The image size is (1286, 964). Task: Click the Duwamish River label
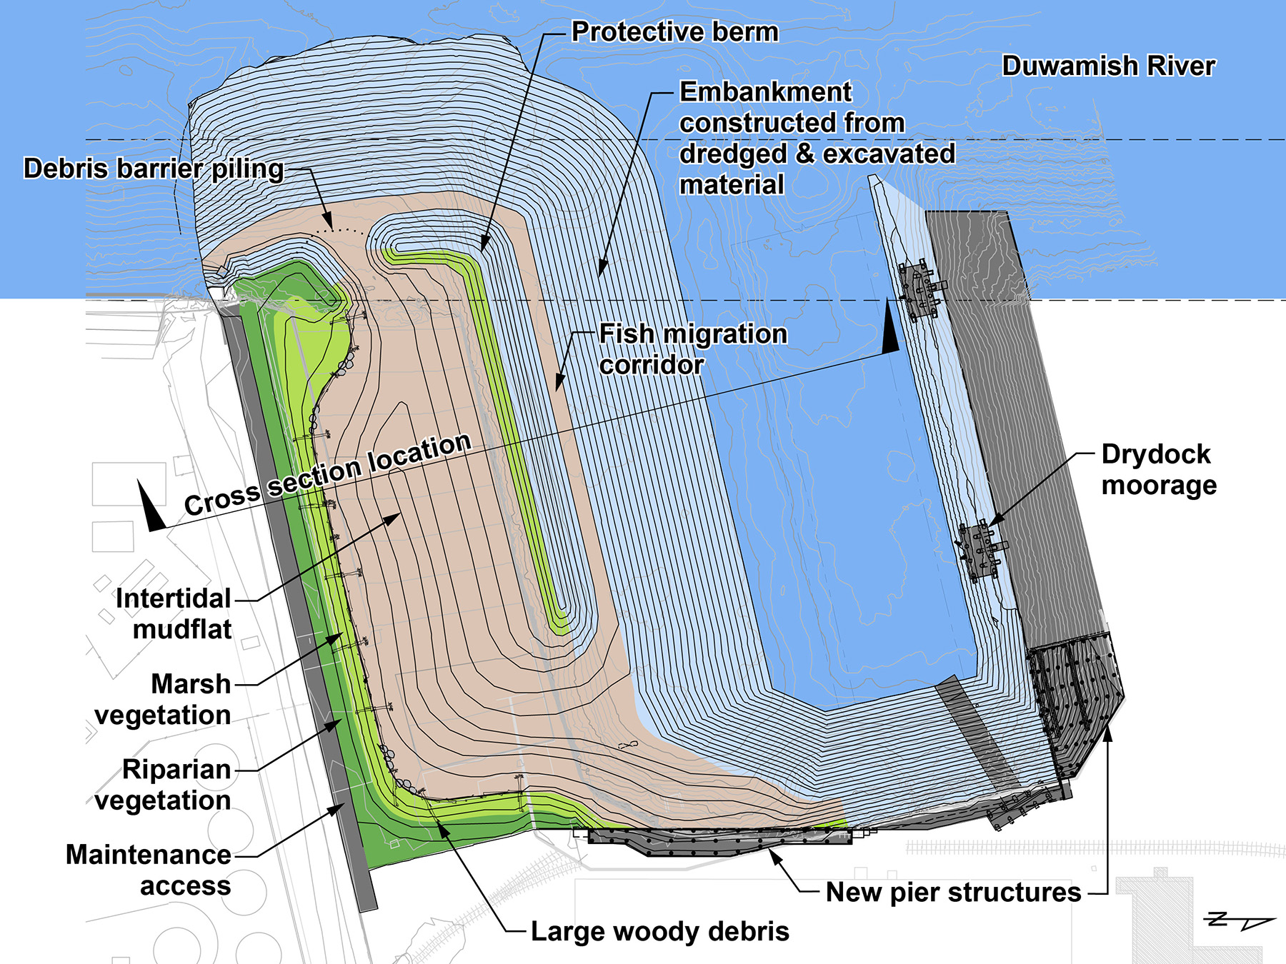[x=1108, y=66]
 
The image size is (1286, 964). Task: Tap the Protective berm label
[x=674, y=32]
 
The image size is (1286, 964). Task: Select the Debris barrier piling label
[x=154, y=169]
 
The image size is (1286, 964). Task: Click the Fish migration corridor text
[x=693, y=349]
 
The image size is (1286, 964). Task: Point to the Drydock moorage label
[x=1159, y=469]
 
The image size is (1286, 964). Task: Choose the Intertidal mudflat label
[x=174, y=614]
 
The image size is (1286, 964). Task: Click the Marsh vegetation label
[x=163, y=699]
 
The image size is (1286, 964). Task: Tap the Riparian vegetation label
[x=163, y=785]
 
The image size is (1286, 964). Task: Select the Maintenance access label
[x=149, y=870]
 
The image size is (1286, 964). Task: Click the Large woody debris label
[x=660, y=931]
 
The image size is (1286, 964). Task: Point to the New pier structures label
[x=953, y=893]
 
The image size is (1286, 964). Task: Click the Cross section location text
[x=327, y=473]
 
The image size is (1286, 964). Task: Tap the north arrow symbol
[x=1240, y=920]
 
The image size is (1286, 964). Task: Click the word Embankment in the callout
[x=765, y=92]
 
